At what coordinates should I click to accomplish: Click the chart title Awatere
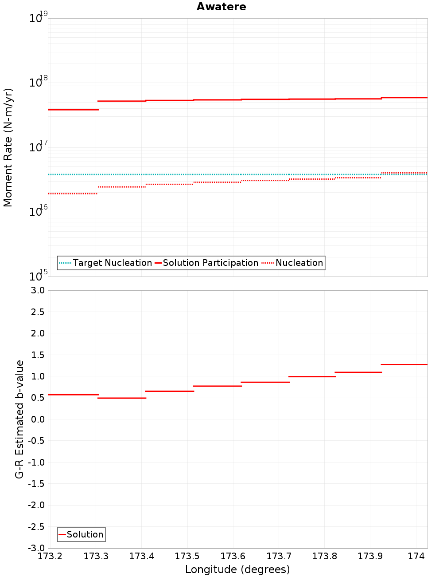click(x=221, y=7)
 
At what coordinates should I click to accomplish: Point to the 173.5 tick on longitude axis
click(x=187, y=556)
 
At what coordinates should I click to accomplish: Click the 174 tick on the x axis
click(x=416, y=556)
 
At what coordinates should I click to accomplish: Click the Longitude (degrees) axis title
click(x=237, y=569)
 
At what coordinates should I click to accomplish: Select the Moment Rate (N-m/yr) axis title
click(x=8, y=147)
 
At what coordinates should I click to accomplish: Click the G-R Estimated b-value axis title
click(x=19, y=419)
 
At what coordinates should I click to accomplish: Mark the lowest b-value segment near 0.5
click(x=122, y=398)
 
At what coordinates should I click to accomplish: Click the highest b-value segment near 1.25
click(x=404, y=364)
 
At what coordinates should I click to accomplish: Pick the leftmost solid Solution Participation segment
click(x=73, y=110)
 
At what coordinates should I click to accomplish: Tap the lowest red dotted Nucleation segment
click(x=73, y=194)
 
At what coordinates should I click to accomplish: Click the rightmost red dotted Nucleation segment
click(x=404, y=173)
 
